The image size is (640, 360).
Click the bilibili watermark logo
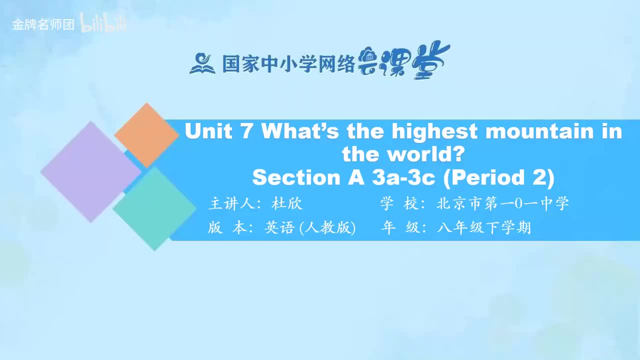pos(103,24)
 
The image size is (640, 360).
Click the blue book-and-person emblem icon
pos(202,63)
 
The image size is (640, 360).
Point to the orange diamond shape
pos(146,135)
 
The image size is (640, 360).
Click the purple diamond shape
pos(90,171)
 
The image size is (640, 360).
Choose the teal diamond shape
pos(154,208)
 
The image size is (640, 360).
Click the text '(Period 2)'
pos(499,177)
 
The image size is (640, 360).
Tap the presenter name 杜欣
pos(287,204)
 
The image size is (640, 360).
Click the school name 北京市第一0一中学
pos(502,204)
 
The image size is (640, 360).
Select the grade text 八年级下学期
pos(483,228)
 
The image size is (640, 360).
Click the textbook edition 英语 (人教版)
pos(309,228)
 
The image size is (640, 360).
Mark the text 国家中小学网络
pos(288,64)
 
